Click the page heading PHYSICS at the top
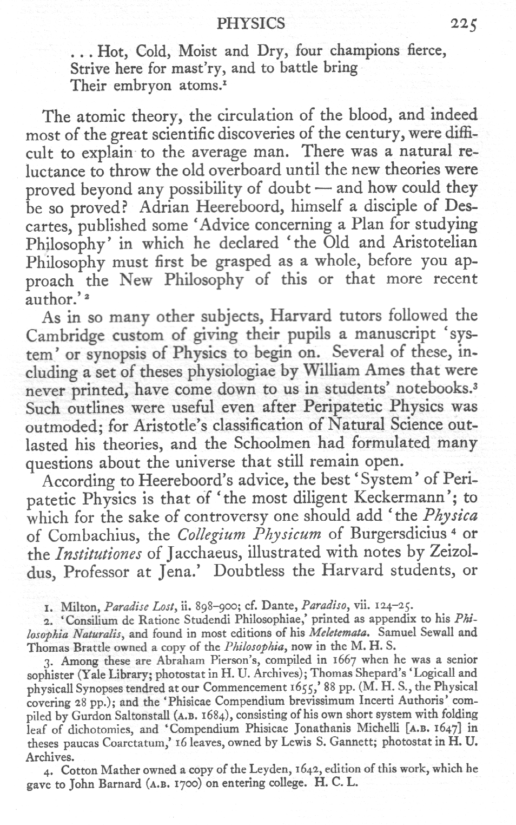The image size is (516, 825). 250,23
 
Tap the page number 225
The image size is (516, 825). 464,24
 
